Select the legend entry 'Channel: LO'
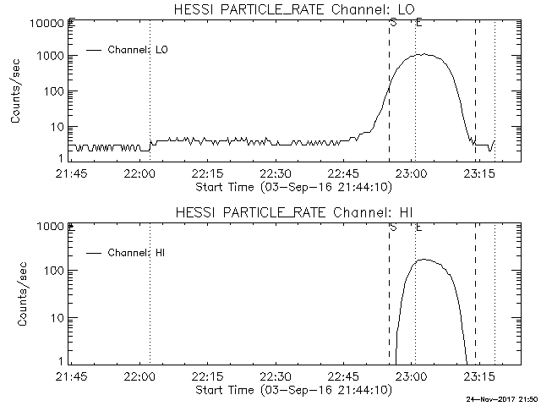(139, 50)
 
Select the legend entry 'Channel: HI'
(139, 252)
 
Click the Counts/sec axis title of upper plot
(16, 91)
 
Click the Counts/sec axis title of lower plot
(16, 294)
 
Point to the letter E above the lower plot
(418, 226)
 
